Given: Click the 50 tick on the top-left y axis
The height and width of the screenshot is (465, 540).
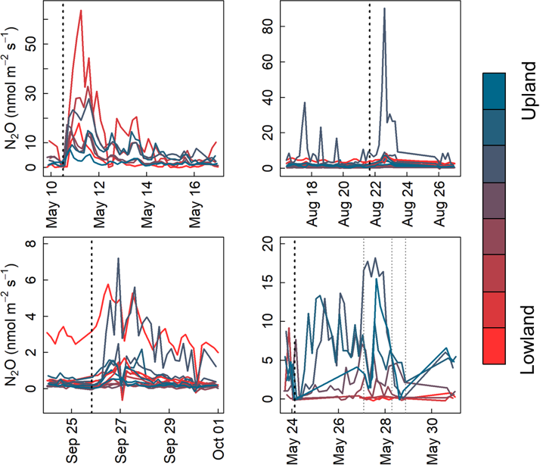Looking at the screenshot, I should [31, 45].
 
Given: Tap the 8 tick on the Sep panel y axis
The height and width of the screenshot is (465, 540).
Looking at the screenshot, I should [31, 244].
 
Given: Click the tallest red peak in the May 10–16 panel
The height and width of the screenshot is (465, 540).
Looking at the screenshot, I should [80, 11].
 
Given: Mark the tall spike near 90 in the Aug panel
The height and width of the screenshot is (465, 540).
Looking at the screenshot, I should [385, 9].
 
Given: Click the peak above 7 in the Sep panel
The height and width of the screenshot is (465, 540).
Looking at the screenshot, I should [119, 259].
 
